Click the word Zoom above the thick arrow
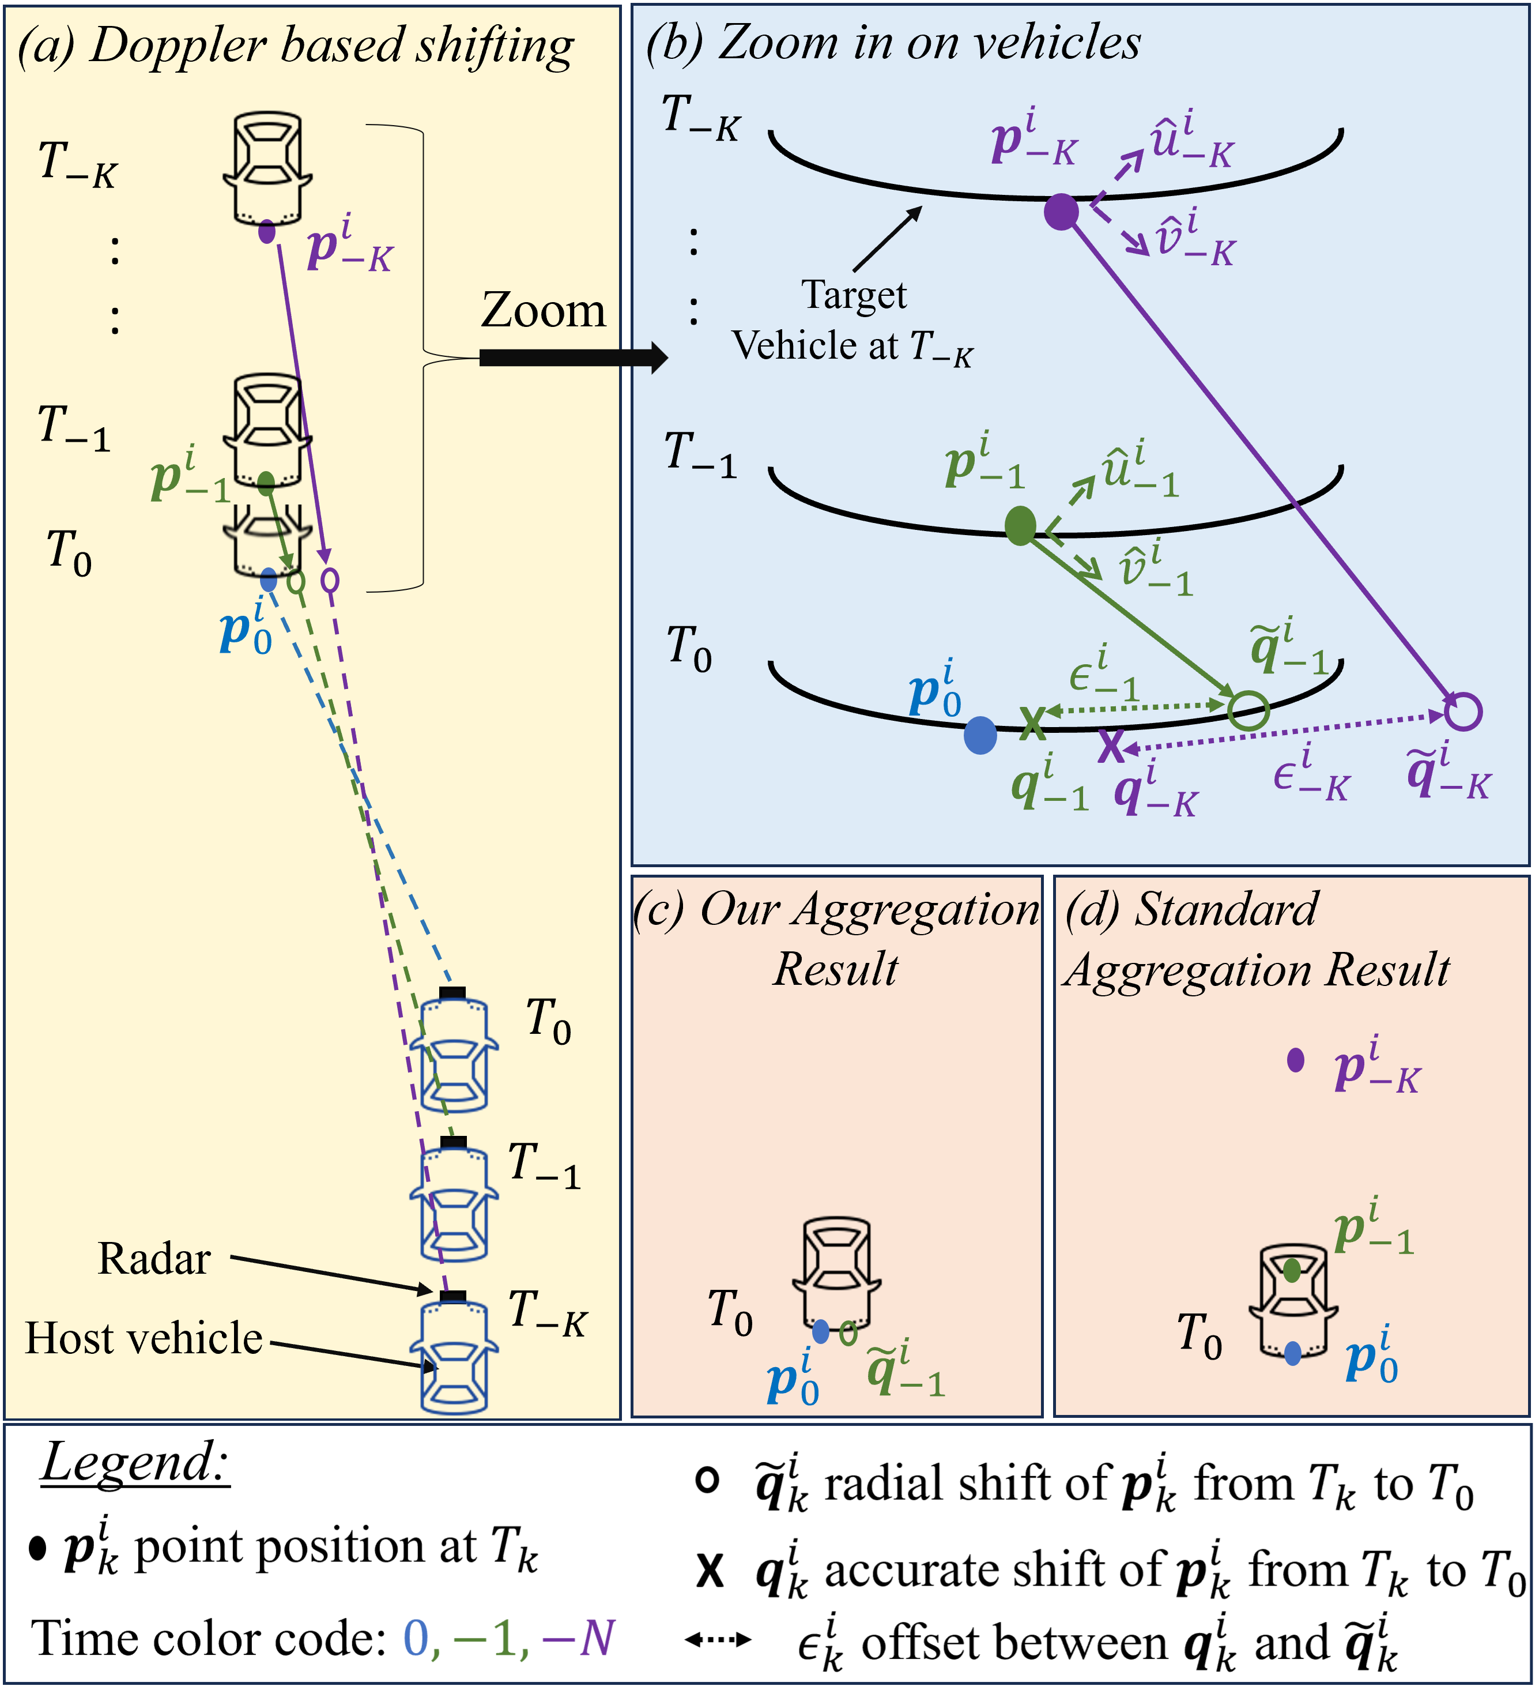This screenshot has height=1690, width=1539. coord(543,310)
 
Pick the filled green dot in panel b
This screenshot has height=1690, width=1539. coord(1020,526)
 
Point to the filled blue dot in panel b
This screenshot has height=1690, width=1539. coord(980,735)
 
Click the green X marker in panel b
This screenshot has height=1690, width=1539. coord(1033,722)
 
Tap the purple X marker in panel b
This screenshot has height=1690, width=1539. coord(1111,744)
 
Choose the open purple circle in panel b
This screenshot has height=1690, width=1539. coord(1463,712)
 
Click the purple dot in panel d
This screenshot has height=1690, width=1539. coord(1296,1060)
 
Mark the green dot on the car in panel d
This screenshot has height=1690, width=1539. coord(1292,1271)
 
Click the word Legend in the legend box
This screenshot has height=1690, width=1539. coord(135,1463)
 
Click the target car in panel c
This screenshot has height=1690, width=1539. coord(836,1273)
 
